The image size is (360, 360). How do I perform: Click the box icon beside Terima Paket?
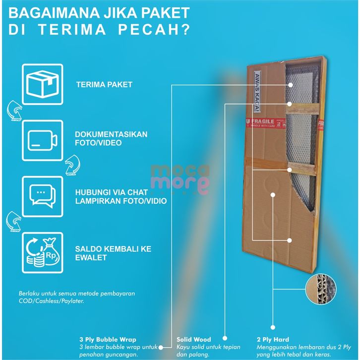click(42, 84)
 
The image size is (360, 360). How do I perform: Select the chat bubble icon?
click(42, 194)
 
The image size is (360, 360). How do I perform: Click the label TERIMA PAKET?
click(104, 84)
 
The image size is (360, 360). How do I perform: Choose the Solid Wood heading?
click(194, 340)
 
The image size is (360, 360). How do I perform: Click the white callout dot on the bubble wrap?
click(290, 85)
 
